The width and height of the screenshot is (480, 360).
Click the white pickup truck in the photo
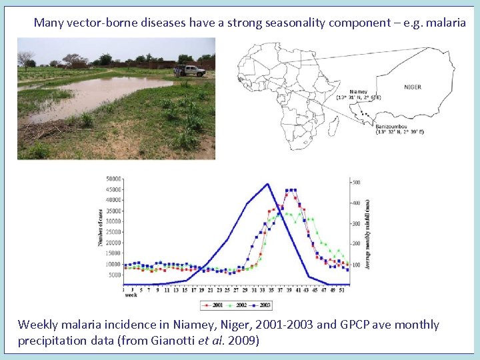tap(191, 70)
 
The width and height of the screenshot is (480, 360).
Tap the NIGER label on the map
tap(413, 87)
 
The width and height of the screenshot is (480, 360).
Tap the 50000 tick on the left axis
tap(113, 179)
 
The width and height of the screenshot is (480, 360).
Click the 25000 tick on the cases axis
tap(113, 232)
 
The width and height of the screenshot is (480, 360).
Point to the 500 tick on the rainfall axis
tap(357, 182)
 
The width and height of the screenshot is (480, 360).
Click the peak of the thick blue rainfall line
tap(267, 184)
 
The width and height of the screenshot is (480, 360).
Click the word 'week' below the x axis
tap(131, 294)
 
